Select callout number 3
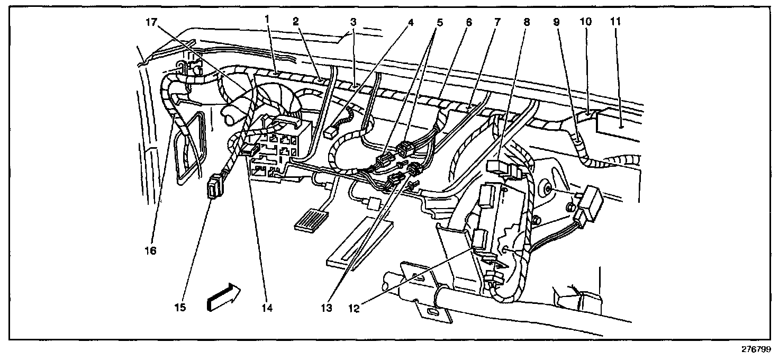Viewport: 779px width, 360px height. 352,22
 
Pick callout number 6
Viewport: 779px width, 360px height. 468,23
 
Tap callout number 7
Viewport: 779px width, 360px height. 497,23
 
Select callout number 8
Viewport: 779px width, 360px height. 526,23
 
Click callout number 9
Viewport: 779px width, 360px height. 556,23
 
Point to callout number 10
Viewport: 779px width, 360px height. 585,22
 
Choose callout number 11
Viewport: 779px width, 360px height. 614,22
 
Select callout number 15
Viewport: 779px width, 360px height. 181,307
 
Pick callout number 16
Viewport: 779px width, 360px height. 151,250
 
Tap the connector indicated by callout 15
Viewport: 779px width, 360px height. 214,188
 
